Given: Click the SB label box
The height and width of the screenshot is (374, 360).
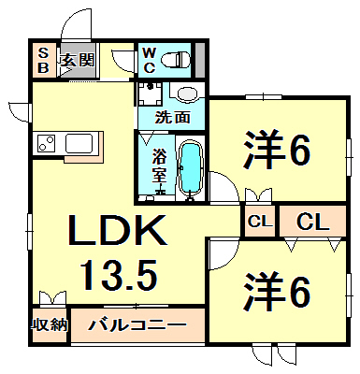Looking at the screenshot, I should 42,61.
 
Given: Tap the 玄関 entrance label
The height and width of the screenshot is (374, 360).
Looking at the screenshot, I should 78,62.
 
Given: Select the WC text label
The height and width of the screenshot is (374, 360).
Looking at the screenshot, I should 149,60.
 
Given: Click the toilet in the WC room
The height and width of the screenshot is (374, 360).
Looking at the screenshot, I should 175,61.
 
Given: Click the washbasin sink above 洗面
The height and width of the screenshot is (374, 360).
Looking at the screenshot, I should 185,94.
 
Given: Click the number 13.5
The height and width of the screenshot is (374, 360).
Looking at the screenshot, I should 115,274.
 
